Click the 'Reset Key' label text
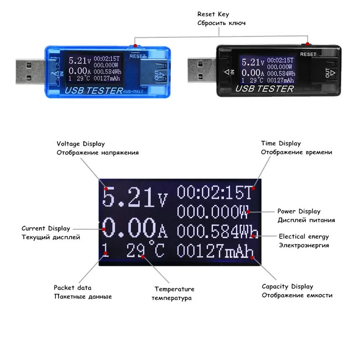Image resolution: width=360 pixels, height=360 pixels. click(x=213, y=14)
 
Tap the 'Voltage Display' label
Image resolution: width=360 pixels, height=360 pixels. click(x=81, y=144)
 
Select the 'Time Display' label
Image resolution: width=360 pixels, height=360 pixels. click(x=281, y=144)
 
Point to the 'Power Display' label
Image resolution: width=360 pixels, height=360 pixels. click(x=298, y=211)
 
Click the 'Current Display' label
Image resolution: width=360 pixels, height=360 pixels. click(x=46, y=228)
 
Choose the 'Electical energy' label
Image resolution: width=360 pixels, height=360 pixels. click(x=304, y=237)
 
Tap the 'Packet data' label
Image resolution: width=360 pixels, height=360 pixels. click(x=72, y=288)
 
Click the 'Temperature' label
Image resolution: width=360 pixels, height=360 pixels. click(x=174, y=289)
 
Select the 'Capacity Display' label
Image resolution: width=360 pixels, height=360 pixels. click(x=287, y=287)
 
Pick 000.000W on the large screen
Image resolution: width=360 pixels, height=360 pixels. click(x=212, y=212)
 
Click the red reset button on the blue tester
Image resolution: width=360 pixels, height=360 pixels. click(x=134, y=46)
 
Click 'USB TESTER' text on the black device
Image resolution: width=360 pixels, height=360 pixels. click(x=266, y=88)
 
